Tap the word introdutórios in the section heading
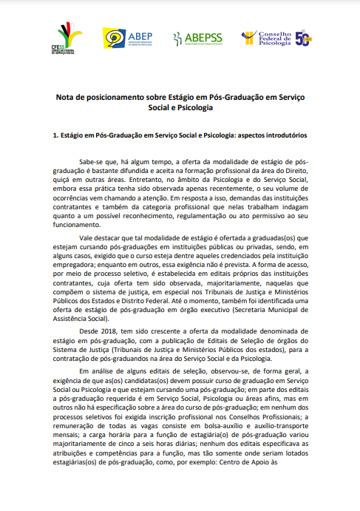(x=284, y=136)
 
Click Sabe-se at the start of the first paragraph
(x=91, y=161)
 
